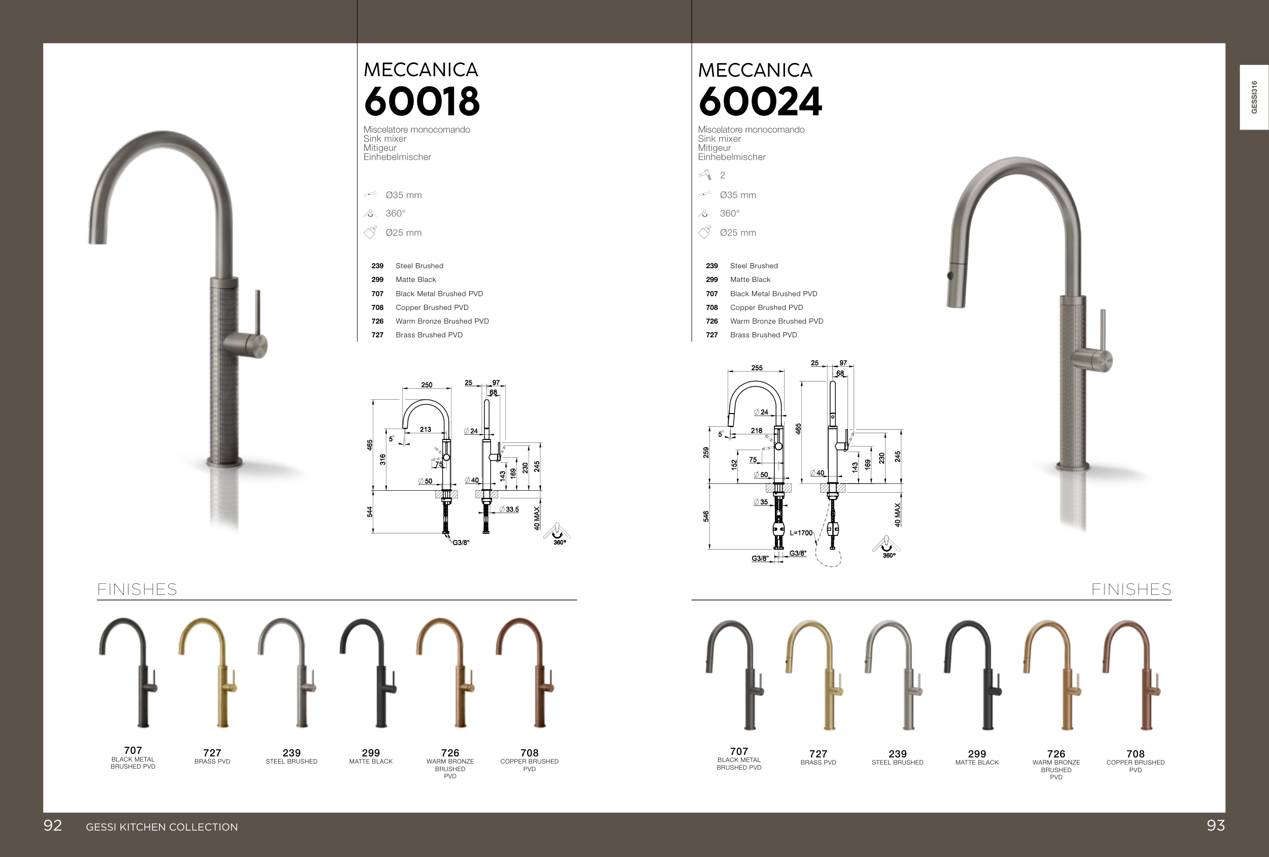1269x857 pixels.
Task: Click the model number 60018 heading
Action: [x=421, y=102]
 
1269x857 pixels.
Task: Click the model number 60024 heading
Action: [x=760, y=102]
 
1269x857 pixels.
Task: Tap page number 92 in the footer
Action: [x=53, y=826]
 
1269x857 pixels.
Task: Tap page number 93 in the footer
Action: [x=1216, y=826]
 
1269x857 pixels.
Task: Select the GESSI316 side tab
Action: [x=1254, y=97]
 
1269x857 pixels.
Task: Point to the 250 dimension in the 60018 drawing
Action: [x=427, y=385]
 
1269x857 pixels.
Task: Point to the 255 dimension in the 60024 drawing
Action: [x=757, y=368]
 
